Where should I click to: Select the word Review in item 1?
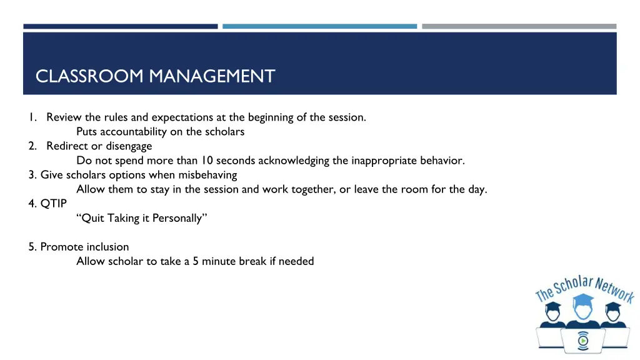64,117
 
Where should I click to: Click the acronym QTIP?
54,203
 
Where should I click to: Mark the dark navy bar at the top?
121,26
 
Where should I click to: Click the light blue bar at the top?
319,26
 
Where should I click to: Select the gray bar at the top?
519,26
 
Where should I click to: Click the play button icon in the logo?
582,341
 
